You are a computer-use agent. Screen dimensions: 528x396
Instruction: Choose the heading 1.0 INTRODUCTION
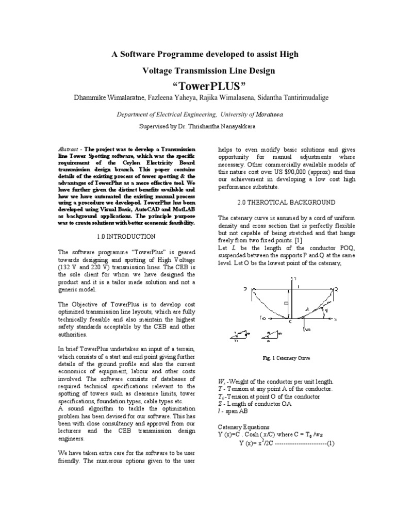click(126, 236)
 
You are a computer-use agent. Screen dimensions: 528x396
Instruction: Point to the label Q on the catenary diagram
click(336, 290)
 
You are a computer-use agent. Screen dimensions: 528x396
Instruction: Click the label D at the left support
click(245, 290)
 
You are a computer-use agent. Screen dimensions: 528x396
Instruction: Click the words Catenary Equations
click(243, 427)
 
